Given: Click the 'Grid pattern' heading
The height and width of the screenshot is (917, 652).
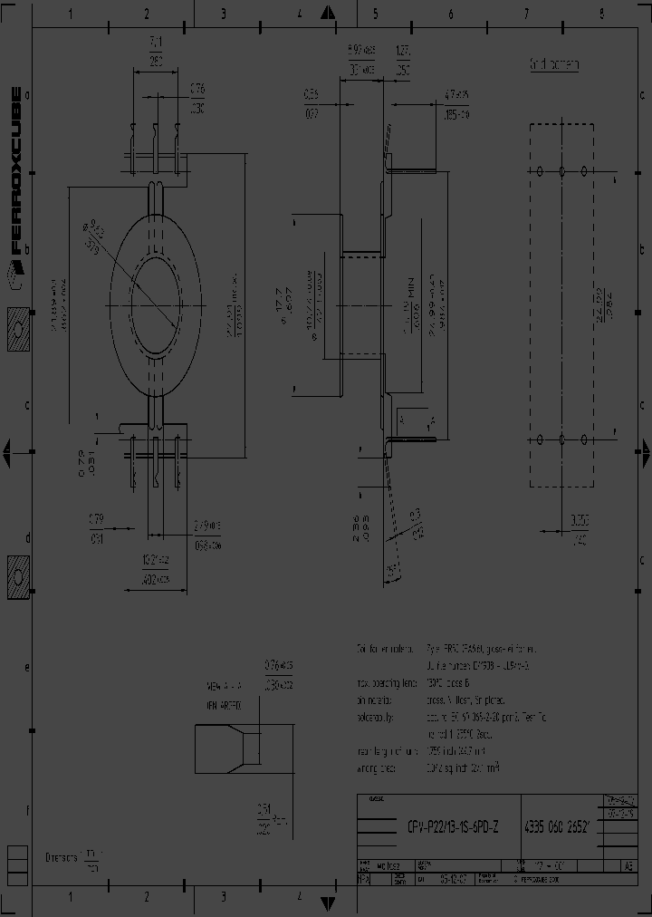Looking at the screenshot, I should tap(554, 65).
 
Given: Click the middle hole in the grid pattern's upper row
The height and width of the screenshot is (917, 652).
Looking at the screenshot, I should tap(561, 171).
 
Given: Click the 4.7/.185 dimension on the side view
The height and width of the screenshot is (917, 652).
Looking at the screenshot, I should tap(456, 105).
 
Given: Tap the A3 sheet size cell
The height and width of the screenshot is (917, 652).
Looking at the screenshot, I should tap(628, 866).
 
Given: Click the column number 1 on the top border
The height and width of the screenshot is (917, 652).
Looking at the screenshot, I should tap(71, 14).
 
